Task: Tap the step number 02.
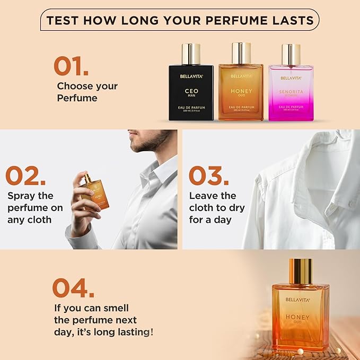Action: tap(29, 176)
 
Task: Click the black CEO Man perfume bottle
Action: tap(191, 93)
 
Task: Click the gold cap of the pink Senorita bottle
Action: tap(291, 54)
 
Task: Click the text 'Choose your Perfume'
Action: tap(86, 92)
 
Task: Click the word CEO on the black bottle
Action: tap(191, 91)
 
